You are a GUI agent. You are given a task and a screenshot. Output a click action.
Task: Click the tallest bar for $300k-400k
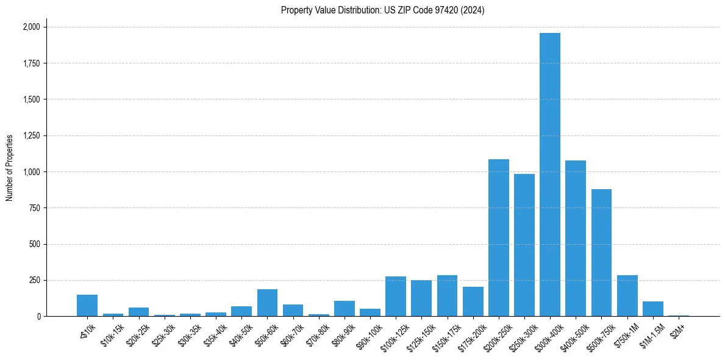[x=550, y=175]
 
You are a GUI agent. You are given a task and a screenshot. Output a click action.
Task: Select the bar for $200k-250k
[x=498, y=238]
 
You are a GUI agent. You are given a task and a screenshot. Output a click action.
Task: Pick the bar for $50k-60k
[x=267, y=303]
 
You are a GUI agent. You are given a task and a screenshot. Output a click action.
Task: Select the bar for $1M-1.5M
[x=652, y=309]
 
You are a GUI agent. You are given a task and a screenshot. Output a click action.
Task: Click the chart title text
[x=382, y=10]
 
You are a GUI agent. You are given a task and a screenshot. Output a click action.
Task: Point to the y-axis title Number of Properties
[x=10, y=168]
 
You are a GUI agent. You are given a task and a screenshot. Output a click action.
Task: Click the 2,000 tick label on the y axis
[x=31, y=27]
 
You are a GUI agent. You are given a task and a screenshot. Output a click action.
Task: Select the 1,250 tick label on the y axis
[x=31, y=135]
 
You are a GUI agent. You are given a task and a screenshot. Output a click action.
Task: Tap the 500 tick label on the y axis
[x=35, y=244]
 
